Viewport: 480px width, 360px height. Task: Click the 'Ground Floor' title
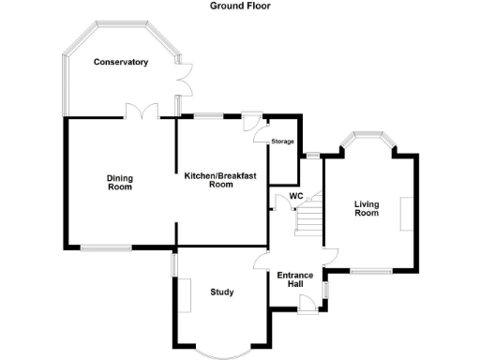240,6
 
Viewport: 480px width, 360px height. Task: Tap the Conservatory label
121,62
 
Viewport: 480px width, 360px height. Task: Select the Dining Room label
119,182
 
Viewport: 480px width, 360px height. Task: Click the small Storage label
282,142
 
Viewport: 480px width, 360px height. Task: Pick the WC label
295,196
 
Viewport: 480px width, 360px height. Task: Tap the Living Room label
367,208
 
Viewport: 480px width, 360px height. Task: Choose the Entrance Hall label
295,278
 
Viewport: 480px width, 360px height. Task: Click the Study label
222,292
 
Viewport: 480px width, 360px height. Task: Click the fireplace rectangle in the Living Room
404,213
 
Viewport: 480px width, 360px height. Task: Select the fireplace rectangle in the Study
185,294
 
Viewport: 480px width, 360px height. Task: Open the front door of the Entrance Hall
306,302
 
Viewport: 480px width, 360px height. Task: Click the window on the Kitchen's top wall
209,116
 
